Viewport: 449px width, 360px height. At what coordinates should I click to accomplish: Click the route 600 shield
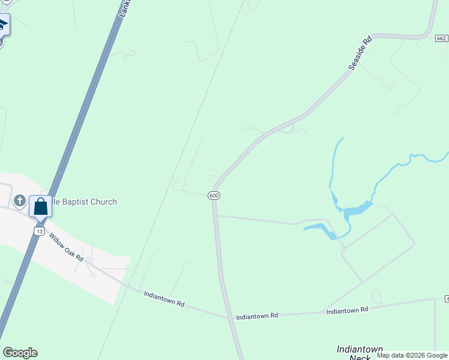pos(214,196)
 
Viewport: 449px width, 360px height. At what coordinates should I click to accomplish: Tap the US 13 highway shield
pos(40,231)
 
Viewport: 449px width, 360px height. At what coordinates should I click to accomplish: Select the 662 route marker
pos(442,38)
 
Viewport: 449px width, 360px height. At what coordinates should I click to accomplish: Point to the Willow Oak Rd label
pos(66,247)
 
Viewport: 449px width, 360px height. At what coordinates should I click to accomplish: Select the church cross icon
pos(19,200)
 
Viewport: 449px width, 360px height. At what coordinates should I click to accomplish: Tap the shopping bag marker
pos(40,206)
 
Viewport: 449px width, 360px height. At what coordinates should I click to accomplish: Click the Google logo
pos(20,353)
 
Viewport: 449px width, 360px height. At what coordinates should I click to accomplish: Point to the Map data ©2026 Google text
pos(412,355)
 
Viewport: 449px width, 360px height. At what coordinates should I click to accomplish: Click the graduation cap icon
pos(2,25)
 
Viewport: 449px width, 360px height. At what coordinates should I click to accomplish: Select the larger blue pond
pos(357,209)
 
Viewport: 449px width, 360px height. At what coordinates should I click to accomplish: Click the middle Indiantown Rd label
pos(257,316)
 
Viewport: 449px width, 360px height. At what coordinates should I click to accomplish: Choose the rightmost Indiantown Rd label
pos(347,310)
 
